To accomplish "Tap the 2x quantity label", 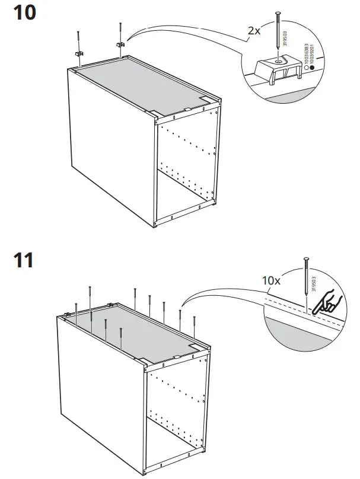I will coord(253,30).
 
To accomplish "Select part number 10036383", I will coord(306,57).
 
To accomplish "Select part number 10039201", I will coord(314,57).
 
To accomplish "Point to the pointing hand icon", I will coord(326,306).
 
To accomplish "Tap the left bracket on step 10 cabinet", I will coord(78,53).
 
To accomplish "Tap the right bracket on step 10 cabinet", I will coord(119,44).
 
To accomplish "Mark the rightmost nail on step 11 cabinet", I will coord(194,325).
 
